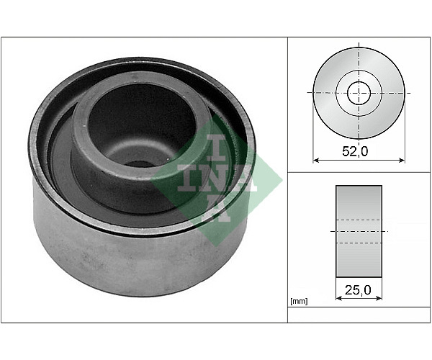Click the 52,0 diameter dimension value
(x=355, y=151)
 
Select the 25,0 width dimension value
(x=358, y=289)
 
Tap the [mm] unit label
(x=299, y=302)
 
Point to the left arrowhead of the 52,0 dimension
(x=316, y=160)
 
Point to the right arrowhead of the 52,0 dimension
(x=402, y=160)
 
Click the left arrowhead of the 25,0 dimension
(x=339, y=298)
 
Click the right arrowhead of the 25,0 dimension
(x=379, y=298)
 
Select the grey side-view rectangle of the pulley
(x=359, y=231)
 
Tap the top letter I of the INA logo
(x=217, y=148)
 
